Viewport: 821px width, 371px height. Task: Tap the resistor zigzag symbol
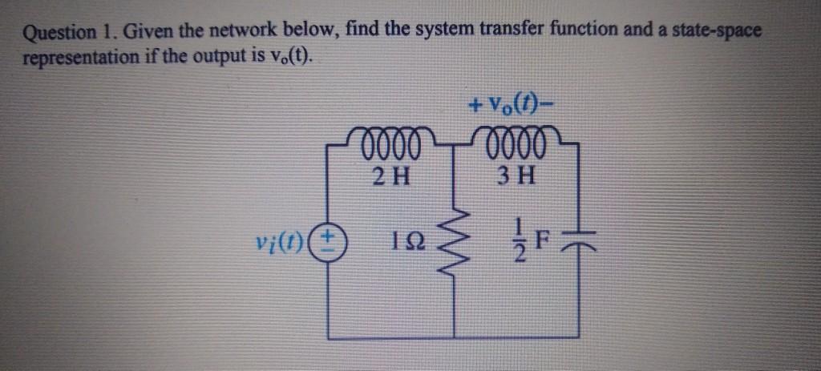point(455,238)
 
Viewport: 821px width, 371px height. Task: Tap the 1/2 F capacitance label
point(524,238)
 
